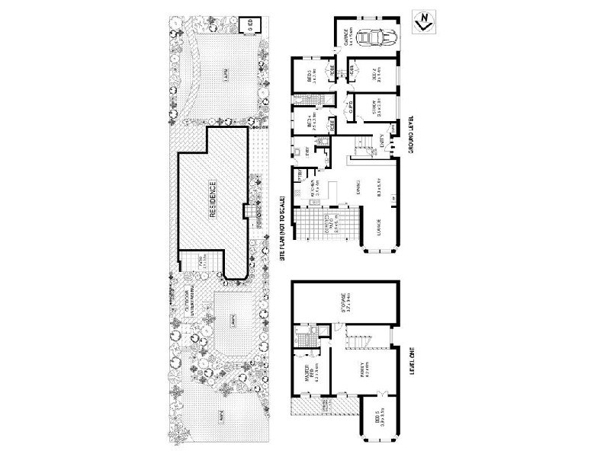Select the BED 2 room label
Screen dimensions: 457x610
tap(375, 75)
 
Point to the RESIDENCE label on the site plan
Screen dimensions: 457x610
tap(213, 200)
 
